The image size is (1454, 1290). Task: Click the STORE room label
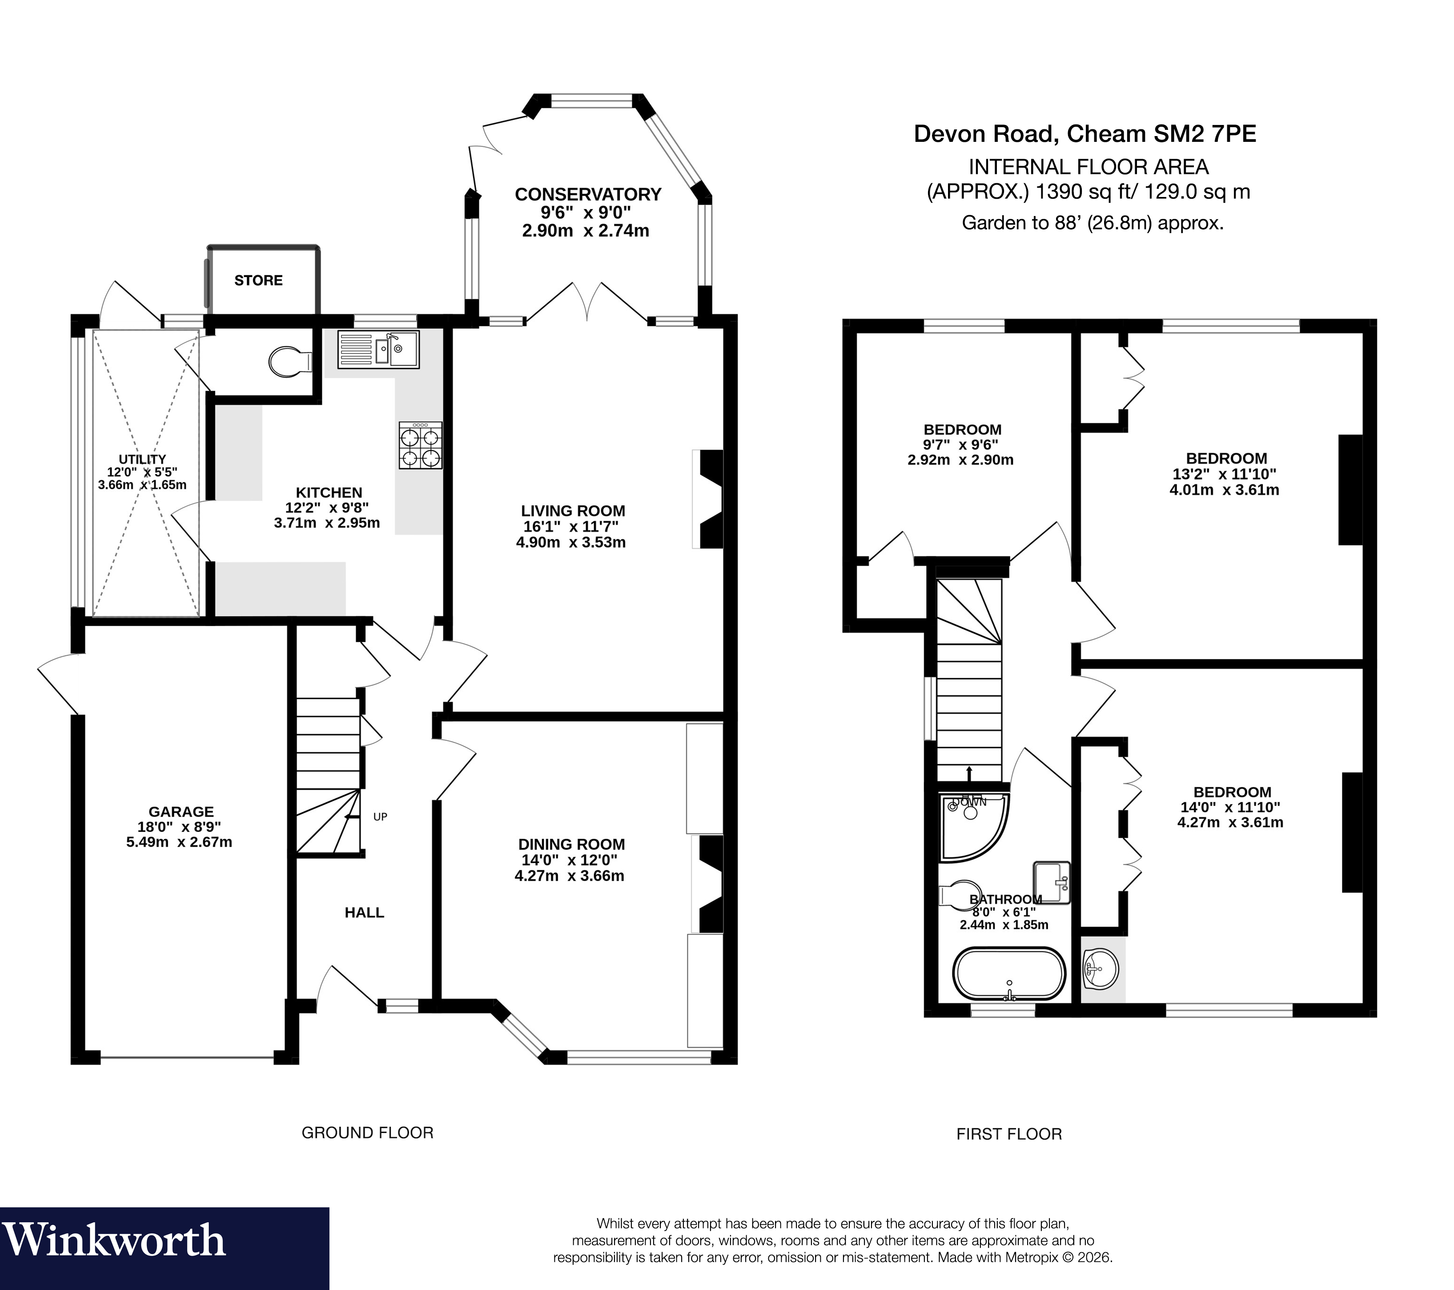258,280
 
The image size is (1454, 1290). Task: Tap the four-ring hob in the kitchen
420,446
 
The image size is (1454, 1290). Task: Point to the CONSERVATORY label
587,194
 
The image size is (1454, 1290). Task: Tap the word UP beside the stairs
380,817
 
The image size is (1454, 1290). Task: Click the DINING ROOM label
571,844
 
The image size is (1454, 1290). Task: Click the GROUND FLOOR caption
367,1133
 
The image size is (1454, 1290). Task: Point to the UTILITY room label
142,460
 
